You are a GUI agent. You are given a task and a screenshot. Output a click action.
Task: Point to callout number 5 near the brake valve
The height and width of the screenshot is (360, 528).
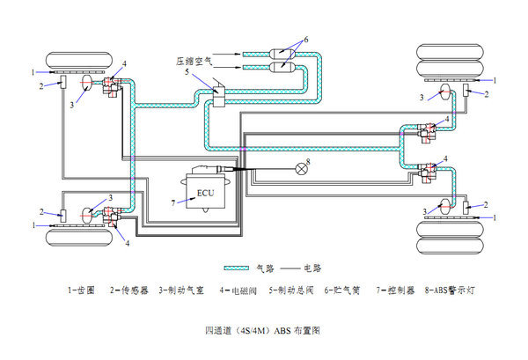click(x=187, y=74)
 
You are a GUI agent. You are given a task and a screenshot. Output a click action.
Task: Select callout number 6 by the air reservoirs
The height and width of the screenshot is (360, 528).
click(x=306, y=39)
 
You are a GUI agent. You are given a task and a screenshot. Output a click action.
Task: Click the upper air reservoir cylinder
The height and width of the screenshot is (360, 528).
click(x=280, y=50)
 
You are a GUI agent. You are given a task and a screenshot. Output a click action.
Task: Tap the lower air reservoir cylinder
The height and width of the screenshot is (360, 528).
click(x=280, y=66)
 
